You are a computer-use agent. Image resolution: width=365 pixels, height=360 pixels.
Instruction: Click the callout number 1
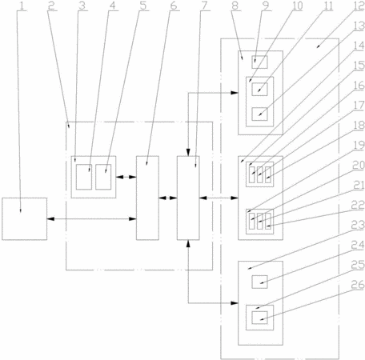[x=22, y=6]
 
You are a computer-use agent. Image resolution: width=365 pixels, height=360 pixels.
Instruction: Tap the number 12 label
[x=359, y=6]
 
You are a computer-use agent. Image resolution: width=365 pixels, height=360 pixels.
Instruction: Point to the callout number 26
[x=358, y=285]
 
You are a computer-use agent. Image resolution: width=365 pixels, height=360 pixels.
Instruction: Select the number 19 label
[x=359, y=145]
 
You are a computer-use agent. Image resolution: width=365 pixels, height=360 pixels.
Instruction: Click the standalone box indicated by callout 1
[x=25, y=219]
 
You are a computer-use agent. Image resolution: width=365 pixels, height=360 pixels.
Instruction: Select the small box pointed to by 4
[x=84, y=177]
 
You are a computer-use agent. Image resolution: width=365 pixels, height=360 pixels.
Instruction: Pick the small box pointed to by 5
[x=103, y=177]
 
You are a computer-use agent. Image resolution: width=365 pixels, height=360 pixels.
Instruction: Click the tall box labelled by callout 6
[x=147, y=198]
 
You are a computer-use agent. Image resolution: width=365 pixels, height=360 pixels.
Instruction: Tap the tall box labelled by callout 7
[x=188, y=198]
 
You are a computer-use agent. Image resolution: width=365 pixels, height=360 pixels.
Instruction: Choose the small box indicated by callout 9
[x=259, y=62]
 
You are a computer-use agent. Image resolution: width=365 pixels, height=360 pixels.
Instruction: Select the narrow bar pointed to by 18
[x=268, y=175]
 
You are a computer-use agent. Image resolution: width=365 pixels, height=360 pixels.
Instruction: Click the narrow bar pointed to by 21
[x=260, y=221]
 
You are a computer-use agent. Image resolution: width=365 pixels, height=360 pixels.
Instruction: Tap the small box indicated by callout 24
[x=259, y=282]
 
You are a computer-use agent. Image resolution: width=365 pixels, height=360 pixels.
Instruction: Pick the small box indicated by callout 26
[x=259, y=318]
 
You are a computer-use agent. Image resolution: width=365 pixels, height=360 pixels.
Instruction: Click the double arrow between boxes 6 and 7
[x=168, y=198]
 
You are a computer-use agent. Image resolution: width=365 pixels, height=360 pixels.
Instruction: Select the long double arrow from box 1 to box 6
[x=91, y=219]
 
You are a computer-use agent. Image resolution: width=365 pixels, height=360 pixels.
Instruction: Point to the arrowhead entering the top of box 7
[x=188, y=153]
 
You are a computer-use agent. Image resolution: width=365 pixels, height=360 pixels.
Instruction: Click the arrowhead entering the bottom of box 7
[x=188, y=243]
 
